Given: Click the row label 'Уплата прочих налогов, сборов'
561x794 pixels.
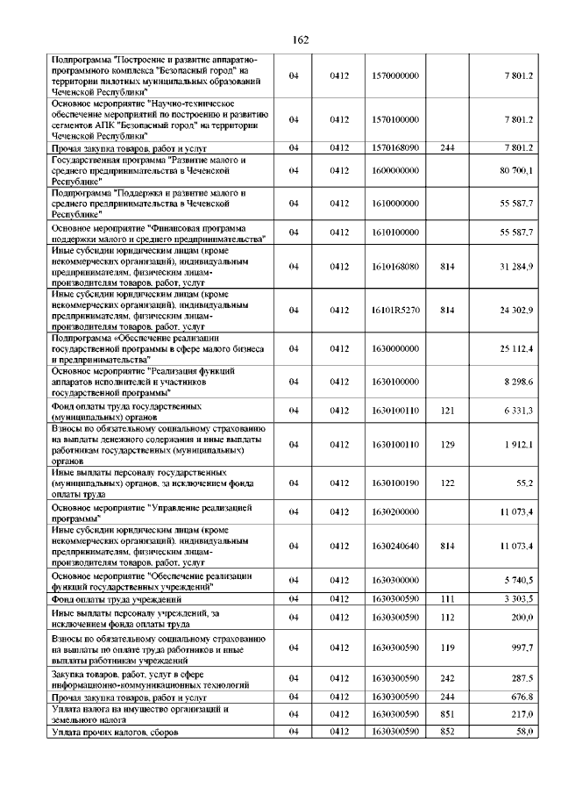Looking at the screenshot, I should click(115, 731).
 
